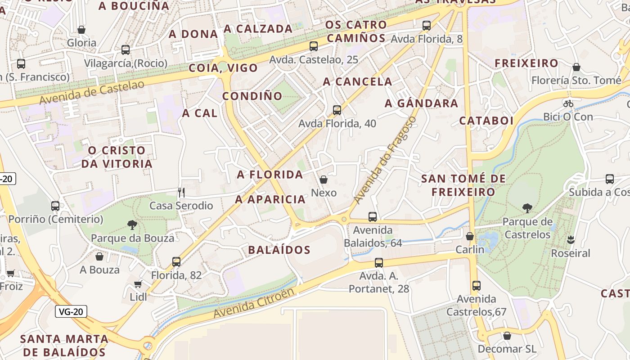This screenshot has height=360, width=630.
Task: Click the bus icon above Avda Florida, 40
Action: pos(337,110)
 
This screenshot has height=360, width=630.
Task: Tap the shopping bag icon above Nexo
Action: pos(323,180)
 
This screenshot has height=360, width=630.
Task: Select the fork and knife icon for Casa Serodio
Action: pos(181,193)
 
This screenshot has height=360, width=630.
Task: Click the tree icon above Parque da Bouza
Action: pos(132,225)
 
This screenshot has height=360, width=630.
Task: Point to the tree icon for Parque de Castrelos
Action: pos(527,208)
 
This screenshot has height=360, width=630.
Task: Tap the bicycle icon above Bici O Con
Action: pos(568,103)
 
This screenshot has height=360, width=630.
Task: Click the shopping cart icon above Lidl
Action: pos(138,284)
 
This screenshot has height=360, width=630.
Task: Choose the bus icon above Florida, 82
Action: pos(176,261)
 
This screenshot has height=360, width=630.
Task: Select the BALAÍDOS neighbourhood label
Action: pos(279,250)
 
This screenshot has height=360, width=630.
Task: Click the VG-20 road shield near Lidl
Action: pos(71,311)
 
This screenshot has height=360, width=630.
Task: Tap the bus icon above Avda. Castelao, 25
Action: pos(314,46)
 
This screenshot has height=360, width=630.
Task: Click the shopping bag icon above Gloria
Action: pos(81,30)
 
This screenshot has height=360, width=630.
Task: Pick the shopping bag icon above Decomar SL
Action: pos(507,336)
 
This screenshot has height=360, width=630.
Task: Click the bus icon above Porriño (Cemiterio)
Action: pos(55,206)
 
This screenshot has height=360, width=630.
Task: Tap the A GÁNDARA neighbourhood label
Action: pos(421,103)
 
